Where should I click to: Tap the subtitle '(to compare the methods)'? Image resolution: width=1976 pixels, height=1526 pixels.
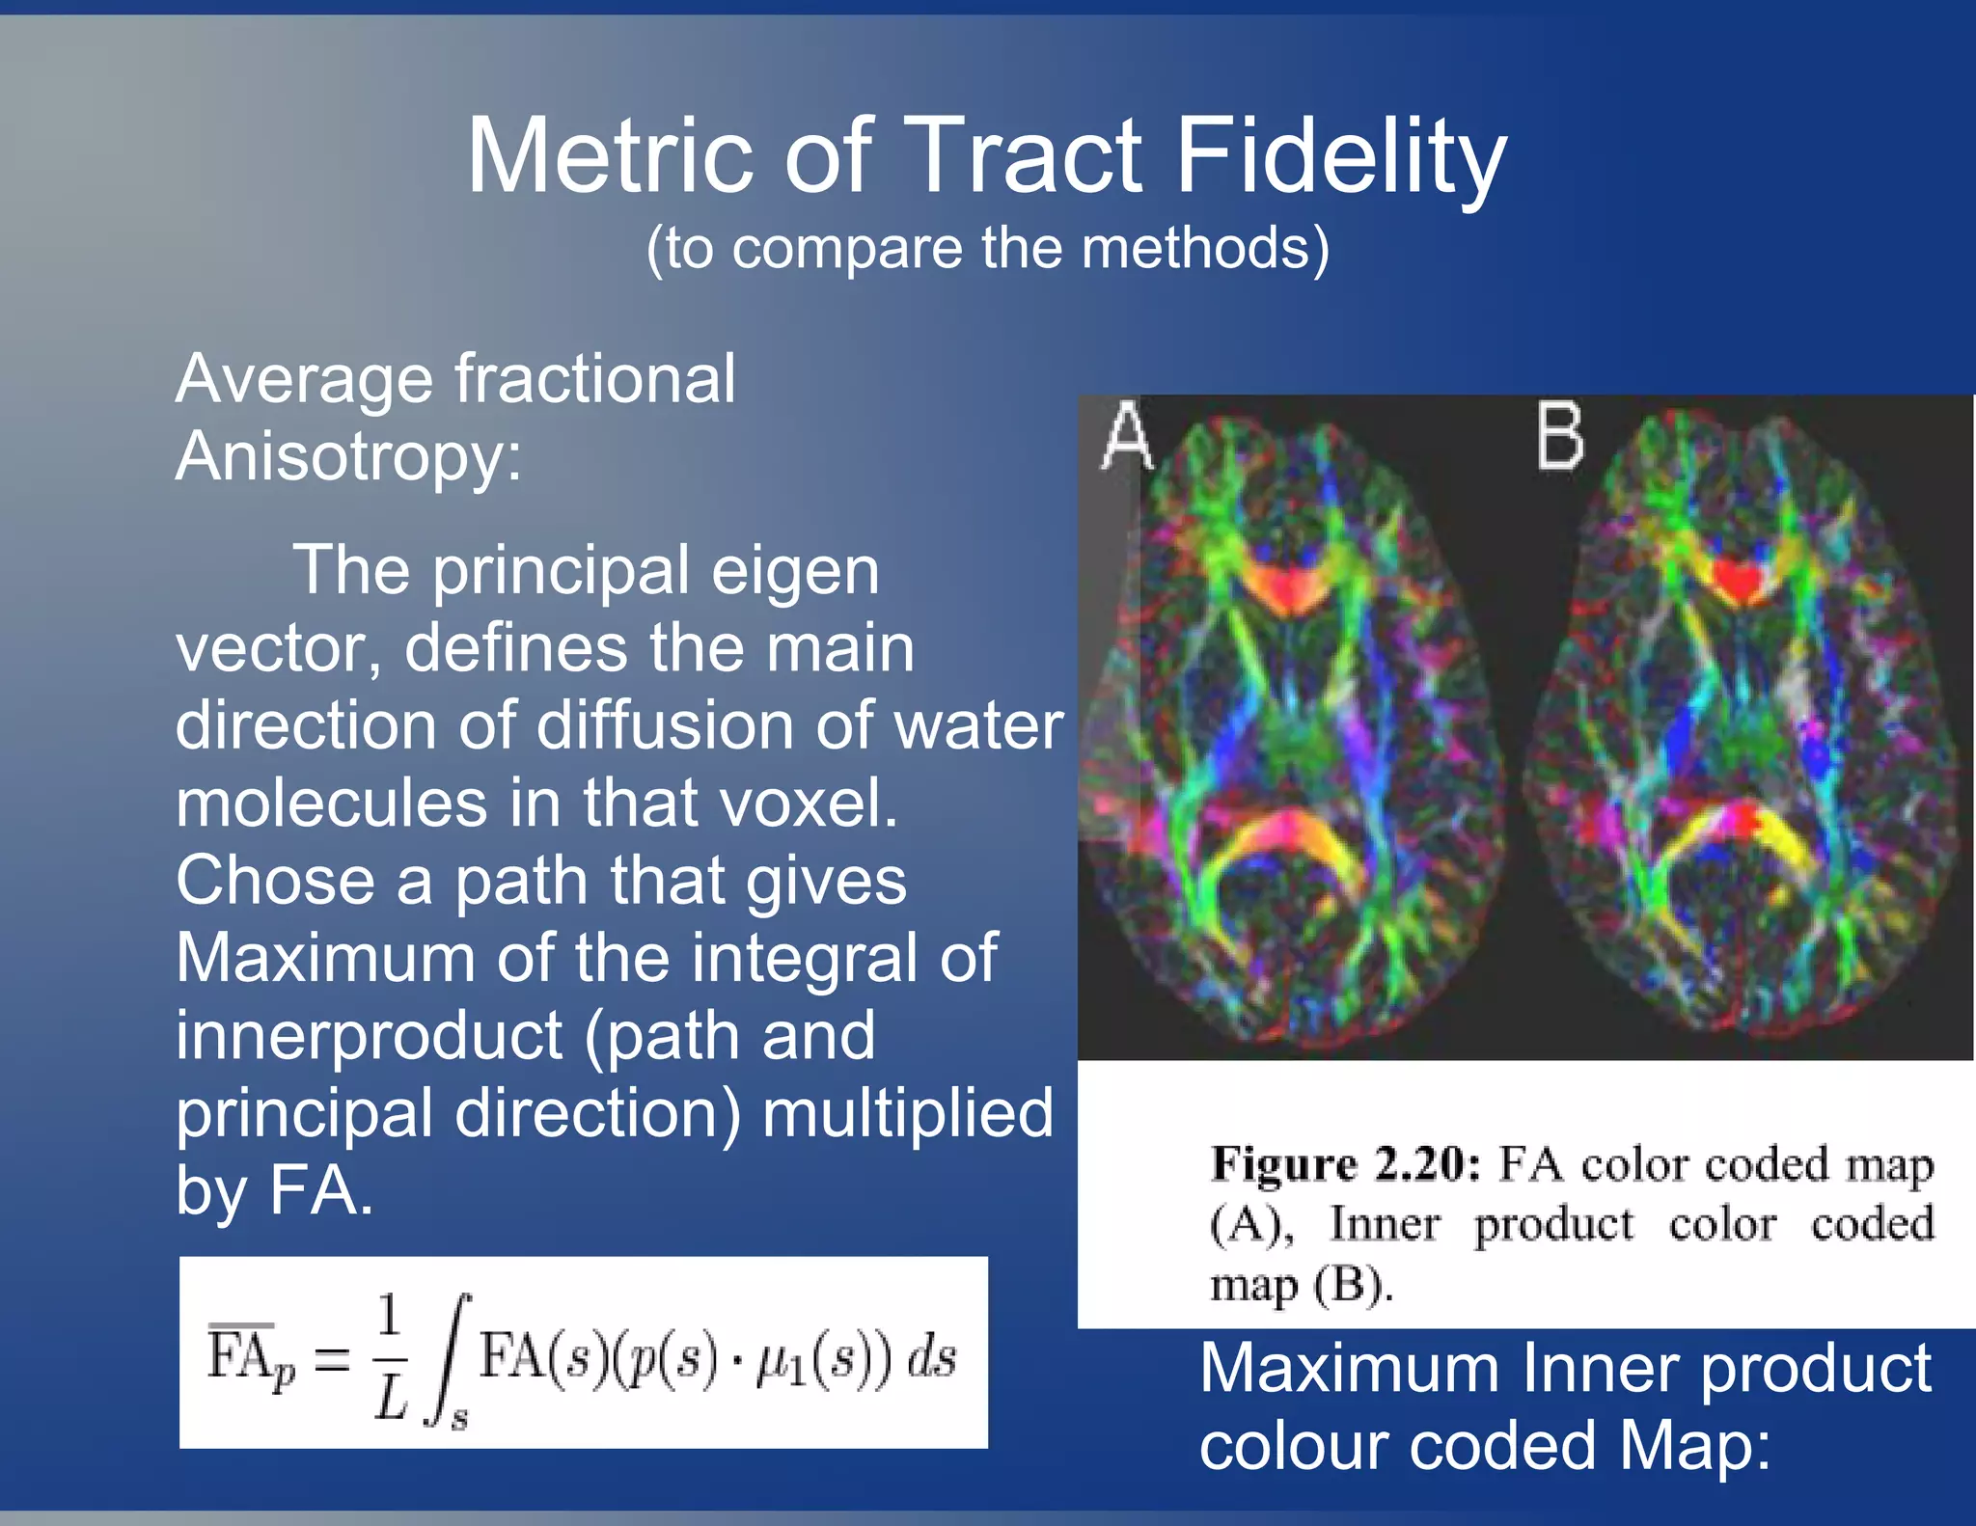987,248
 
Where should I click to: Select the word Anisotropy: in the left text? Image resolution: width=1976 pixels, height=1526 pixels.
348,456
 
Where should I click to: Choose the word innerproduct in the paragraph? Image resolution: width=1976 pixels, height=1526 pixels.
369,1036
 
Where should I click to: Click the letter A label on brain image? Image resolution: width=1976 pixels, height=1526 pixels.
1126,436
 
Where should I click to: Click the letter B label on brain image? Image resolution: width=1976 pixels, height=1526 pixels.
1559,436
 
